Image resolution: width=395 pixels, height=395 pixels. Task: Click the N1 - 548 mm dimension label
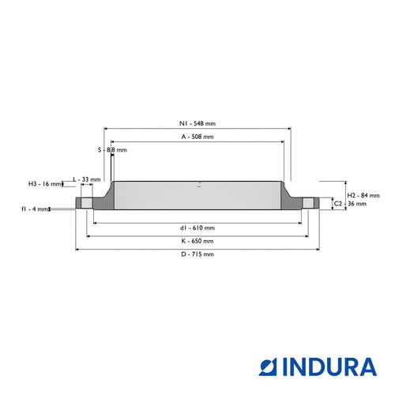click(197, 123)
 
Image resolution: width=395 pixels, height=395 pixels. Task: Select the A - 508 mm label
click(197, 137)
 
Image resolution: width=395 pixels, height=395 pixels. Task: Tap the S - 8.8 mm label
click(112, 150)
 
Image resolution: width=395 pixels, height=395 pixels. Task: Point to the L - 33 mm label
click(87, 179)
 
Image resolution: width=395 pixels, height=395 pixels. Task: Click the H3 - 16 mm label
click(45, 184)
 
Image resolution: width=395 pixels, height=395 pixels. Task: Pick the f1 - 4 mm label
click(35, 209)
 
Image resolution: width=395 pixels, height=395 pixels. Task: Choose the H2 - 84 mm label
click(363, 195)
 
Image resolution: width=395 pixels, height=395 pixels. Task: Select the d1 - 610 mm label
click(197, 228)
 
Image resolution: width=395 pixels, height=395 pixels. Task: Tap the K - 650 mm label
click(197, 241)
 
